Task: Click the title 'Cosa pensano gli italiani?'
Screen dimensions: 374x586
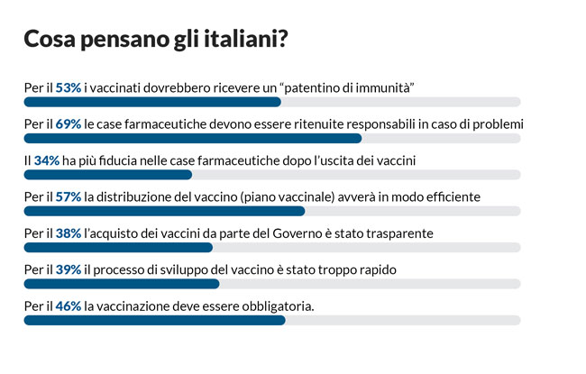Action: pyautogui.click(x=155, y=40)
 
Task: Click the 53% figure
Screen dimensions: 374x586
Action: pyautogui.click(x=69, y=87)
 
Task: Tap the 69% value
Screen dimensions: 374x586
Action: pyautogui.click(x=69, y=123)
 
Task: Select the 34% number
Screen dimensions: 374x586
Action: pyautogui.click(x=47, y=160)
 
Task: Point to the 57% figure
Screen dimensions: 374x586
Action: pyautogui.click(x=69, y=196)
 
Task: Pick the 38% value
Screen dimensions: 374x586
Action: pyautogui.click(x=69, y=233)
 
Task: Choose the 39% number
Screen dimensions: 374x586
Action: pyautogui.click(x=69, y=269)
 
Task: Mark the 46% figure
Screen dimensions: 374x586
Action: pyautogui.click(x=69, y=306)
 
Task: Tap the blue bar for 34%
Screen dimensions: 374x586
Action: pyautogui.click(x=108, y=174)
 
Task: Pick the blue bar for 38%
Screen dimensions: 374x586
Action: pyautogui.click(x=118, y=247)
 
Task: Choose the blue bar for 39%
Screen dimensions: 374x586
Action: pyautogui.click(x=121, y=283)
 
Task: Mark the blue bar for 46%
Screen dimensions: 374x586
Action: pyautogui.click(x=154, y=320)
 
